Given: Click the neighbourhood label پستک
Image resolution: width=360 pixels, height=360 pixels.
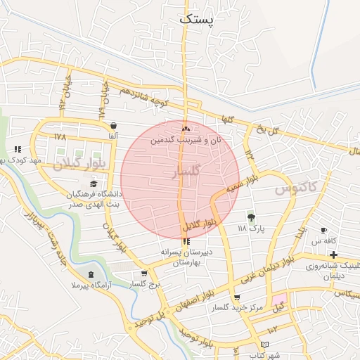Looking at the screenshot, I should click(x=195, y=19).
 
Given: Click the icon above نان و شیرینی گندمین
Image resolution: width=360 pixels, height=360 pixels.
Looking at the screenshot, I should click(x=186, y=129).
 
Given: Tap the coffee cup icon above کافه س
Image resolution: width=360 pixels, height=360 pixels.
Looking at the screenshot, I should click(x=323, y=231).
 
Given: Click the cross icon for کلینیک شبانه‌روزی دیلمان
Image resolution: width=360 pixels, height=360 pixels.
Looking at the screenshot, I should click(x=333, y=254).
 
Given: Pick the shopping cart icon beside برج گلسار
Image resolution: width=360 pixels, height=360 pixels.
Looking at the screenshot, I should click(x=145, y=274).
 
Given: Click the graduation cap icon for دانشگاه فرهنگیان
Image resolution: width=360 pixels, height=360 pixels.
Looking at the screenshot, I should click(x=94, y=184).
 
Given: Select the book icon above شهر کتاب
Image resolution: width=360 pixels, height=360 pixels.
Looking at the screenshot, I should click(x=264, y=345).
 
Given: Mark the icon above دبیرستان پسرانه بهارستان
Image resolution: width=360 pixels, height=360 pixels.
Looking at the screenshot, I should click(x=186, y=241).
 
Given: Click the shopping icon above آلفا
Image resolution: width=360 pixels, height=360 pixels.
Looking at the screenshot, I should click(x=112, y=126).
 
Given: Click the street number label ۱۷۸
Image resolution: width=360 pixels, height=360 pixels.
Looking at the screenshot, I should click(x=59, y=136).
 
